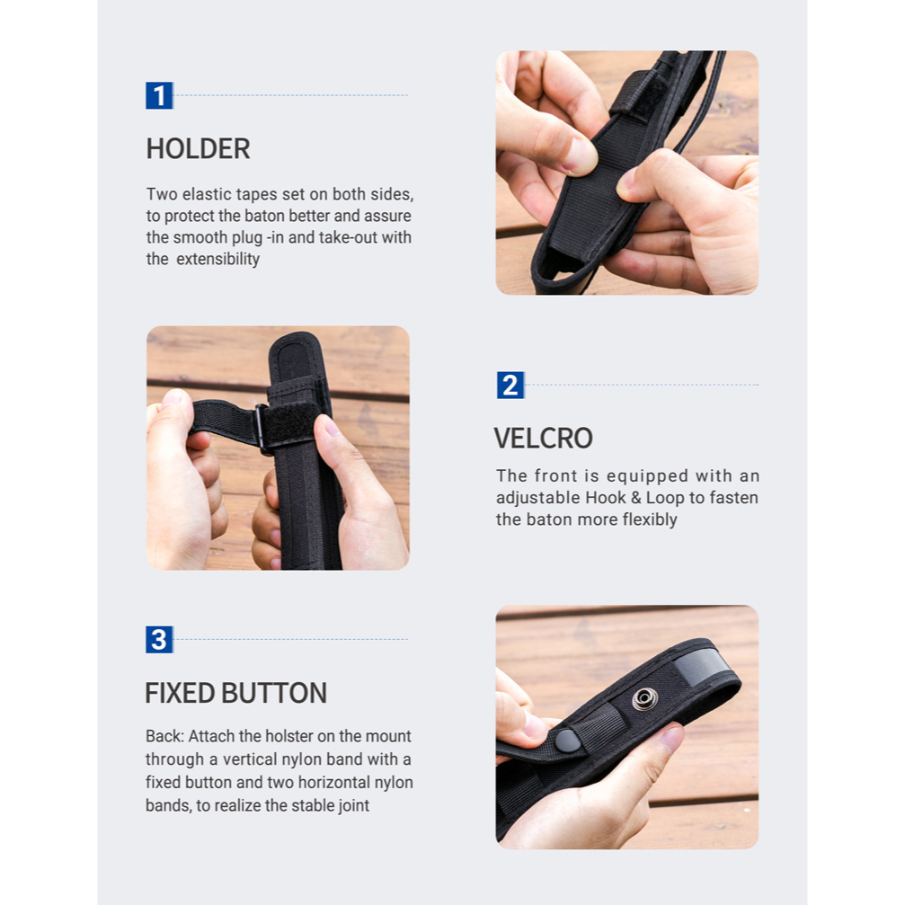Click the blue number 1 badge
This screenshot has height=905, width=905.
click(x=159, y=95)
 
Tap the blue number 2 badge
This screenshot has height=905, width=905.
click(x=510, y=385)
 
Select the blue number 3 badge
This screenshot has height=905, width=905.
click(x=159, y=640)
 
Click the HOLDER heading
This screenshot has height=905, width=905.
click(x=198, y=149)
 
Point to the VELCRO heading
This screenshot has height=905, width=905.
click(x=543, y=438)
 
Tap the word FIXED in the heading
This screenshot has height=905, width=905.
click(x=180, y=693)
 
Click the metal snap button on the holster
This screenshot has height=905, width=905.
click(x=644, y=699)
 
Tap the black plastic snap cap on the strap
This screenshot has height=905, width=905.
click(x=567, y=740)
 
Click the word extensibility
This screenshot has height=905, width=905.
click(x=217, y=259)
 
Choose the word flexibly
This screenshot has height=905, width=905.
click(x=649, y=519)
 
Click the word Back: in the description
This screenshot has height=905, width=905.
click(x=164, y=736)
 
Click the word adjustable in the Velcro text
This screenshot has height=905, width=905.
click(x=538, y=498)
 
